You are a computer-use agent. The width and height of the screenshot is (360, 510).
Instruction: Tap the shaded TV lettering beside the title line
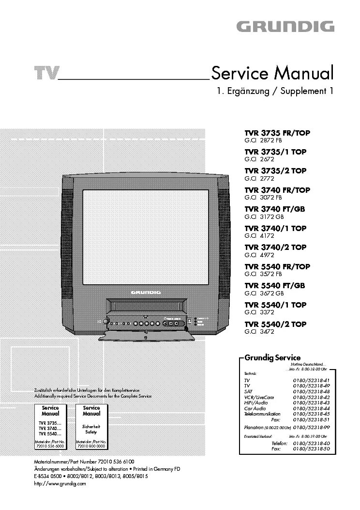46,74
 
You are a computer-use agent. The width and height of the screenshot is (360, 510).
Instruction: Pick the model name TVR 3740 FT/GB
274,209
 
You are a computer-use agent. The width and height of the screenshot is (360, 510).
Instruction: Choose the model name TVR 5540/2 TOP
275,325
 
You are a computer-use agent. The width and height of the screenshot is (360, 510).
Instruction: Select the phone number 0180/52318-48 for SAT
311,391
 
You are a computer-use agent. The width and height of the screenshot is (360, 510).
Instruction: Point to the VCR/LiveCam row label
259,397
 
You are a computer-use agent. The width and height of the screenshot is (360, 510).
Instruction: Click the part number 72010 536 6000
50,447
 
